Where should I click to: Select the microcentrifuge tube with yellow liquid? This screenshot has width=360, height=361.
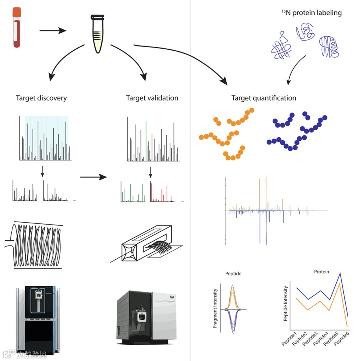click(98, 34)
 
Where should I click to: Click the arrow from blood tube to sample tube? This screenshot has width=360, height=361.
click(53, 31)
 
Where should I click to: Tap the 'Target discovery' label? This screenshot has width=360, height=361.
click(41, 98)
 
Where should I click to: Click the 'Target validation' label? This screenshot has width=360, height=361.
click(152, 98)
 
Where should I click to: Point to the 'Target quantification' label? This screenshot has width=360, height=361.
click(264, 98)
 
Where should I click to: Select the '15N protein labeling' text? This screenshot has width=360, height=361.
click(312, 13)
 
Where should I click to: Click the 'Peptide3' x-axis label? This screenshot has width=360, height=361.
click(310, 338)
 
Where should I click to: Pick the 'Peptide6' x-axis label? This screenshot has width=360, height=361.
click(341, 338)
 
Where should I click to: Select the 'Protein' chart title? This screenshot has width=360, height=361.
click(321, 272)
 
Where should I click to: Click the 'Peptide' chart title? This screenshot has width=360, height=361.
click(233, 274)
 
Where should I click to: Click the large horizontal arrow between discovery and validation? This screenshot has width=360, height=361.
click(93, 177)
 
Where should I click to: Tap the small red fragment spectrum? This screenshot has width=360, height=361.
click(162, 192)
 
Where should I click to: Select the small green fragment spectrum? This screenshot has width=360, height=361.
click(133, 192)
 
